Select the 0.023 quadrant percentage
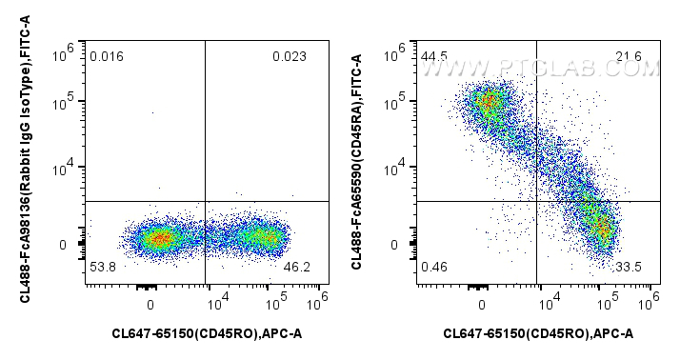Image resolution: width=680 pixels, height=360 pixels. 290,57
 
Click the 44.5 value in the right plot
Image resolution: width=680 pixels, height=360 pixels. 434,57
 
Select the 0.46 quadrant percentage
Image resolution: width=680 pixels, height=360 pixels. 434,269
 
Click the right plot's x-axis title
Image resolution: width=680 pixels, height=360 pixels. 537,333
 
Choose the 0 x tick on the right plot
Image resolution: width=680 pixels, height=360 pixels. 482,305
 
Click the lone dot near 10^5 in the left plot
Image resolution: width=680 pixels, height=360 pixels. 153,112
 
